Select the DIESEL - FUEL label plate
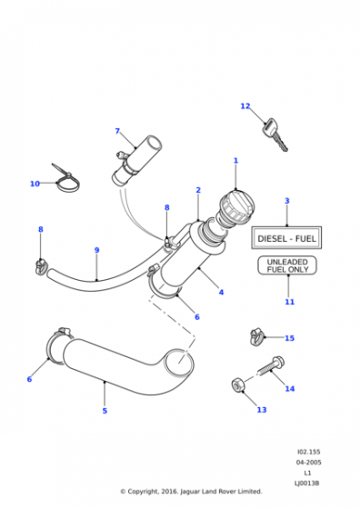coord(286,238)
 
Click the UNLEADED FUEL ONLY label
coord(287,265)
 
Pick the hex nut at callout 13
coord(238,385)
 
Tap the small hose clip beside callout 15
coord(257,336)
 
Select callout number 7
coord(117,131)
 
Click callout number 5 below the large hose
coord(105,411)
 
